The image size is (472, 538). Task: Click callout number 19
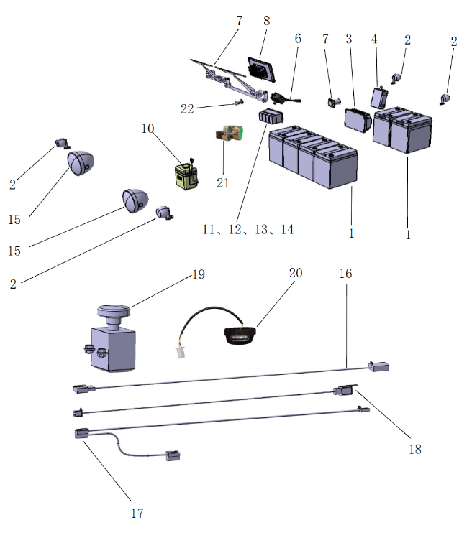click(x=198, y=275)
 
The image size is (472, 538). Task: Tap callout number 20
click(x=296, y=274)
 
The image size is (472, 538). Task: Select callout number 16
click(x=347, y=274)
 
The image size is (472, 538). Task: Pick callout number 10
click(x=147, y=129)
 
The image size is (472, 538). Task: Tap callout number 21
click(x=223, y=182)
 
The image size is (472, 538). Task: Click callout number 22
click(x=187, y=108)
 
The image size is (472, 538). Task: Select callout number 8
click(x=266, y=21)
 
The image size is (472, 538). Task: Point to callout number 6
click(x=297, y=40)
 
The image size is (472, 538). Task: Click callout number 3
click(x=349, y=40)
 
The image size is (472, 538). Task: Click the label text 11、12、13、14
click(x=248, y=230)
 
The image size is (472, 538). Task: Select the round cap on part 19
click(x=113, y=313)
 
